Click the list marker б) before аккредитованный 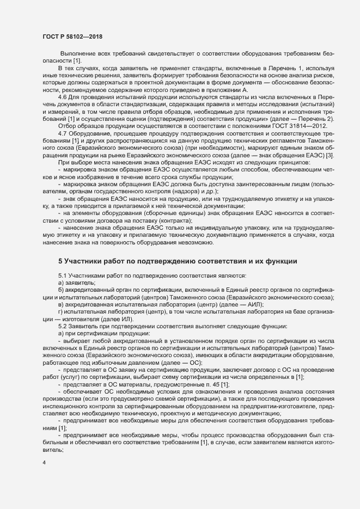point(60,291)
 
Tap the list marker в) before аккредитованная point(60,305)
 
